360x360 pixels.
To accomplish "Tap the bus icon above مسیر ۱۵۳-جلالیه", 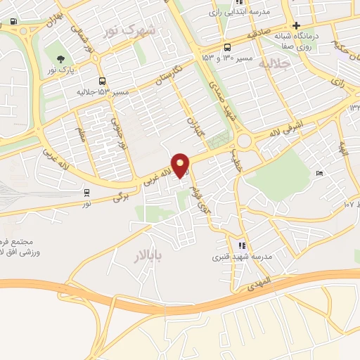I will pyautogui.click(x=103, y=80).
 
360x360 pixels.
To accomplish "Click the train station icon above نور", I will pyautogui.click(x=86, y=192).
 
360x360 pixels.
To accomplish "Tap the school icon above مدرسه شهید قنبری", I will pyautogui.click(x=242, y=245).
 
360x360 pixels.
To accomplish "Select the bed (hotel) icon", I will pyautogui.click(x=320, y=174).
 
